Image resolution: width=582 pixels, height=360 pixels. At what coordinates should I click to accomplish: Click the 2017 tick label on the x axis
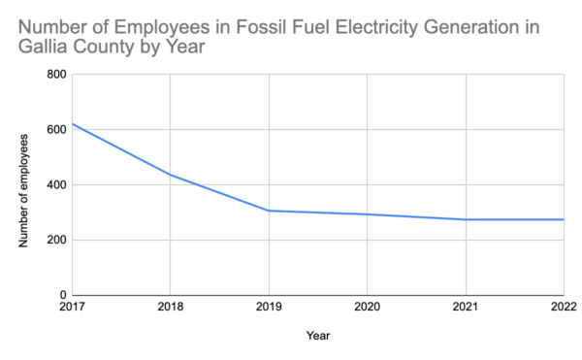[x=72, y=308]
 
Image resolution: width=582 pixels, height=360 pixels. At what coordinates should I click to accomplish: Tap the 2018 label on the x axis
[x=171, y=308]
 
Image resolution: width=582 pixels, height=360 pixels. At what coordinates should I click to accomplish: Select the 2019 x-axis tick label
[x=269, y=308]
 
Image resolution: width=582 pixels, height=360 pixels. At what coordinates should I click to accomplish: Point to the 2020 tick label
[x=368, y=308]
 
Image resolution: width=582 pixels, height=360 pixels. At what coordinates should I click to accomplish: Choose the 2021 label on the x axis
[x=466, y=308]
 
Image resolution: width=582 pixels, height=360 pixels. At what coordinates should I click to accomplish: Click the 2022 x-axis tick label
[x=564, y=308]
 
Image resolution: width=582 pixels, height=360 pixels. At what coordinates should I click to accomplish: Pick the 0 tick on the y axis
[x=62, y=295]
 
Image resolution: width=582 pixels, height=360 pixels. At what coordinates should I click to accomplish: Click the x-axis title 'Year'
[x=318, y=336]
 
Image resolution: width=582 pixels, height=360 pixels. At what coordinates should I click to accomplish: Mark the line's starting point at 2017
[x=73, y=124]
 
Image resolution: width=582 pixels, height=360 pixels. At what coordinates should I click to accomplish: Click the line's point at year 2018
[x=171, y=175]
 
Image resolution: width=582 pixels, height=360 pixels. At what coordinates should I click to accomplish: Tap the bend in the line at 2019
[x=269, y=211]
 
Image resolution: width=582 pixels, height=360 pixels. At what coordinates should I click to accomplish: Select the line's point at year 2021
[x=466, y=219]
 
